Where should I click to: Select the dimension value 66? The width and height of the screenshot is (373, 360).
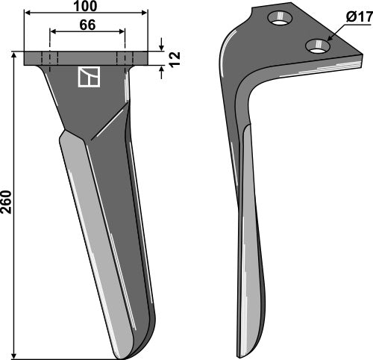click(87, 24)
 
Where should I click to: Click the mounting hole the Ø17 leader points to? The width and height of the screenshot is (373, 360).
click(318, 47)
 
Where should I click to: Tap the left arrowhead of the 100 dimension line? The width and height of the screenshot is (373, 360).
click(28, 13)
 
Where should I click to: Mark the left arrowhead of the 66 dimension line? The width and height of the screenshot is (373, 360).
click(53, 32)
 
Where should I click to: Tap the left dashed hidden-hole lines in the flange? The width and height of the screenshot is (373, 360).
click(48, 59)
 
